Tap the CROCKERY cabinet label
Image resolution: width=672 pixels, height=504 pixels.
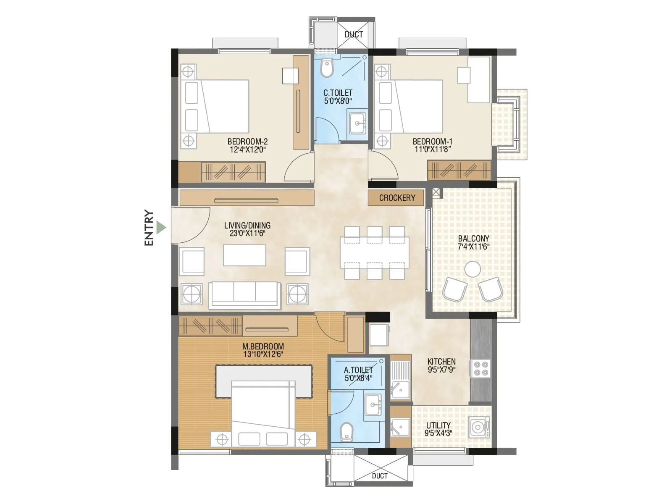coord(396,198)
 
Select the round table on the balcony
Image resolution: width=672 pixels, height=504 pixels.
coord(472,269)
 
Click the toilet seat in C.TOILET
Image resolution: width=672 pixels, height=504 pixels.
coord(327,68)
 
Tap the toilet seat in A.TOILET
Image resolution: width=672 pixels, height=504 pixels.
coord(346,432)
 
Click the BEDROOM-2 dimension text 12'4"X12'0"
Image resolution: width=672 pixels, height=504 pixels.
coord(248,150)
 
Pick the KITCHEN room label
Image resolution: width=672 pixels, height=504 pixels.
coord(441,361)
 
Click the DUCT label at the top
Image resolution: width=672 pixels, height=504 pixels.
coord(354,34)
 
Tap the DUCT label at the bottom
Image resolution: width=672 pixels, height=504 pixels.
coord(380,475)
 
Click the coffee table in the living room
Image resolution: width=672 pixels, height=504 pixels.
coord(244,255)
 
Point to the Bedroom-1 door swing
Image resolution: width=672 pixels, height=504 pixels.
coord(383,166)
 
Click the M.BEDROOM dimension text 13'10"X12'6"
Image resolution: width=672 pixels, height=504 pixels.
coord(263,354)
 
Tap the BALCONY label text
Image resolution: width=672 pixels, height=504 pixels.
coord(473,238)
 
